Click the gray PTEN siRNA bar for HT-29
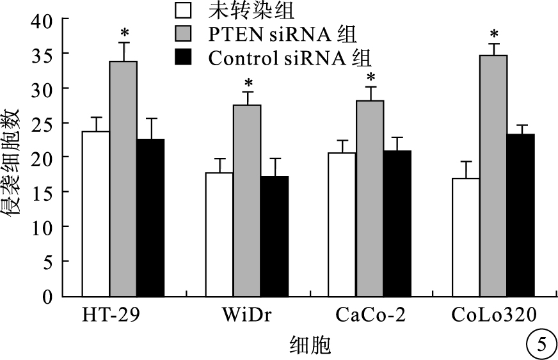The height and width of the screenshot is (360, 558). click(x=123, y=179)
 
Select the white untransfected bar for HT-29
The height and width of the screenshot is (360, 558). click(x=95, y=214)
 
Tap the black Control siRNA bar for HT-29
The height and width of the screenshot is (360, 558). click(x=150, y=217)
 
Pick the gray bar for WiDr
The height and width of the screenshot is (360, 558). click(x=246, y=201)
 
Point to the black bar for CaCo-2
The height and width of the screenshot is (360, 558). click(x=397, y=224)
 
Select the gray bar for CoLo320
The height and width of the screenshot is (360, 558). click(x=493, y=176)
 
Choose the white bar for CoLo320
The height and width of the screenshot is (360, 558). click(x=466, y=237)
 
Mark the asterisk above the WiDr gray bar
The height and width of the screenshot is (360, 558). click(x=248, y=83)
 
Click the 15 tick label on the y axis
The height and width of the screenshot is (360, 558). click(x=41, y=192)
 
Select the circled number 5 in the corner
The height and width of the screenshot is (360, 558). click(x=539, y=345)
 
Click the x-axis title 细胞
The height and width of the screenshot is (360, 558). click(x=309, y=346)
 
